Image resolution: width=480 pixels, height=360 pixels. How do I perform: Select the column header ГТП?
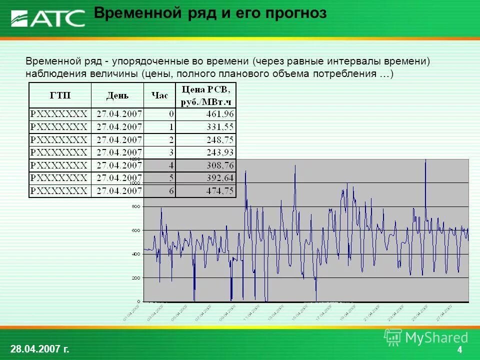point(60,95)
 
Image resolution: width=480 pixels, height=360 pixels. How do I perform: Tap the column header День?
point(117,95)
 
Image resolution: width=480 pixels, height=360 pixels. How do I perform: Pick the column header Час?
point(159,95)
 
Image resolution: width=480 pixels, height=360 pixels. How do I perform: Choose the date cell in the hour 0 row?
point(119,114)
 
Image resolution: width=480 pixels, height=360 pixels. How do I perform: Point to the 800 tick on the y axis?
point(135,206)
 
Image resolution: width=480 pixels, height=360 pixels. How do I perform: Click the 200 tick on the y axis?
point(135,277)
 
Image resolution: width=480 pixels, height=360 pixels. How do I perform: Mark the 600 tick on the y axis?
point(135,230)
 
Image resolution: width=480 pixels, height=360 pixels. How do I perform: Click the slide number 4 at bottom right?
point(459,350)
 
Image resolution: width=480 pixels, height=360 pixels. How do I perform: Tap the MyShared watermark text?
point(436,337)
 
